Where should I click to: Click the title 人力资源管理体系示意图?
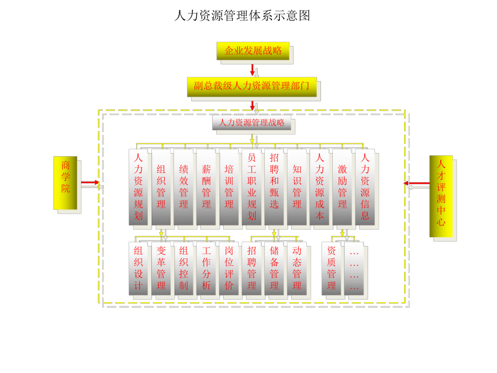(x=242, y=15)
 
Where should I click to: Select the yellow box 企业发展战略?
(x=253, y=50)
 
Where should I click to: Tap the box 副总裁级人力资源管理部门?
(x=252, y=85)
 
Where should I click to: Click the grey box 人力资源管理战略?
(x=252, y=123)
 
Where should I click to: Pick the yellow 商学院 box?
(x=64, y=182)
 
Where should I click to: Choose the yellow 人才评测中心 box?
(x=441, y=196)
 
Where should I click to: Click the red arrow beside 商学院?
(x=90, y=183)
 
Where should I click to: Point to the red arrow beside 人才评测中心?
(x=413, y=183)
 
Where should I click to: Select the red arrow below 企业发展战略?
(x=252, y=70)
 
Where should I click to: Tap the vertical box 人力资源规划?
(x=139, y=186)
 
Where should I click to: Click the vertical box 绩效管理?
(x=184, y=186)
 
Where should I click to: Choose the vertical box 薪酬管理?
(x=206, y=186)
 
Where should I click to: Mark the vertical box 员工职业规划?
(x=252, y=186)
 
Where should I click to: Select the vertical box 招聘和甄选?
(x=274, y=186)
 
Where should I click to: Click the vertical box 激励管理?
(x=342, y=186)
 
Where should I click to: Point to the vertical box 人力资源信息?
(x=365, y=186)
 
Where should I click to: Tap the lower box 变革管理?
(x=162, y=268)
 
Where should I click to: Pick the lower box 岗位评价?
(x=229, y=268)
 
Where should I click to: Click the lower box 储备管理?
(x=274, y=268)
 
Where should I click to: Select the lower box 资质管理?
(x=332, y=268)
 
